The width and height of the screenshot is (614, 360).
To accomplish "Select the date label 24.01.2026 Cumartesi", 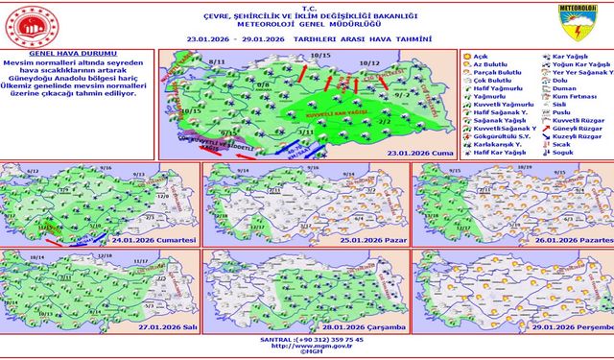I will point(158,238).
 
